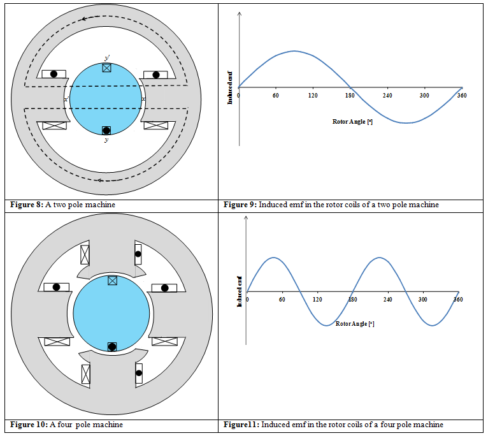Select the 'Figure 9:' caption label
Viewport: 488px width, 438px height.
coord(239,205)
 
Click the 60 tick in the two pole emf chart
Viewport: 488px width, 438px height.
coord(275,95)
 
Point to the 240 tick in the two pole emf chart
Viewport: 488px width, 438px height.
coord(387,95)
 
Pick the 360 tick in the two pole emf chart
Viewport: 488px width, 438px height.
coord(461,95)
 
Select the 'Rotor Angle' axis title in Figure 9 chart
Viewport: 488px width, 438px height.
coord(352,121)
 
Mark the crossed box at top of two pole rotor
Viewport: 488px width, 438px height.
coord(106,67)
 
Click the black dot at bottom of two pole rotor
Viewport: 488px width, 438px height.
coord(106,131)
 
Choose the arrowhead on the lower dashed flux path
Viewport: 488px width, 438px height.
coord(100,180)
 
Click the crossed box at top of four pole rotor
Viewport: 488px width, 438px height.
coord(113,281)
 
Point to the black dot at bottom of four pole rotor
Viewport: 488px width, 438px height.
coord(112,347)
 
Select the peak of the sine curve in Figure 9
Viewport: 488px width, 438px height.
coord(294,51)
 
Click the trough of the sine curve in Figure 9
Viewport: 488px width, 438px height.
coord(406,122)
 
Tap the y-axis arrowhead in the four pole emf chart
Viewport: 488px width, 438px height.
coord(247,218)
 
